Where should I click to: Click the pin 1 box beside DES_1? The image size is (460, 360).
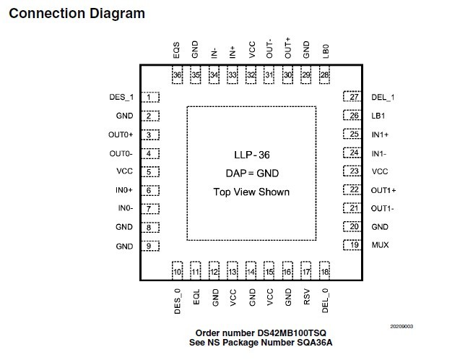150,97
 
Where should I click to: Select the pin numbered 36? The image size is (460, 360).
178,74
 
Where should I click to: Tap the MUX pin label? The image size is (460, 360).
380,246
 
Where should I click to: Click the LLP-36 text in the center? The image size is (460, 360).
251,155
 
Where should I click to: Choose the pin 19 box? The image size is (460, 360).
353,246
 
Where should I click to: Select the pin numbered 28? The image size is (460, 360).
325,74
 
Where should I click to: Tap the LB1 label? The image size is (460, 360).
378,116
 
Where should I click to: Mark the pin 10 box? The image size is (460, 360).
178,271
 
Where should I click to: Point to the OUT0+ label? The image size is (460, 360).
121,134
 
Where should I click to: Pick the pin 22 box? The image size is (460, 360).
353,190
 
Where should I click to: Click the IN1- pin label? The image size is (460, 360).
380,153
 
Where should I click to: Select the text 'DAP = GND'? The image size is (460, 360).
251,173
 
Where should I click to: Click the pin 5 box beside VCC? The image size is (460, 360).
150,172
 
